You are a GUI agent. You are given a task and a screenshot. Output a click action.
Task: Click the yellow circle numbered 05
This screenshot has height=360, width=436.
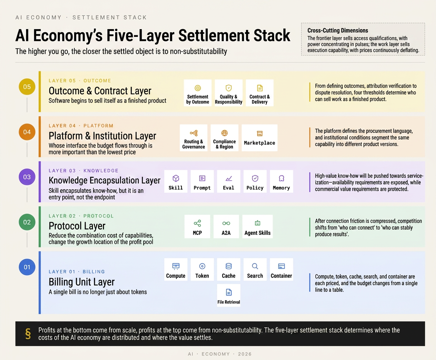point(27,87)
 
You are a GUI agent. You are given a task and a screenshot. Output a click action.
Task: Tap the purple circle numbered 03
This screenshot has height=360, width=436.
point(27,177)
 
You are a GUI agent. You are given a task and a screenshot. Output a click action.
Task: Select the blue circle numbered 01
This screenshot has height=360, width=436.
point(27,267)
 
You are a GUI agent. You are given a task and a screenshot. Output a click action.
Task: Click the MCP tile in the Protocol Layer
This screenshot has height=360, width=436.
point(197,226)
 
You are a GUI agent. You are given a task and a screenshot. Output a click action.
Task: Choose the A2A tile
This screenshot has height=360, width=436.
point(226,226)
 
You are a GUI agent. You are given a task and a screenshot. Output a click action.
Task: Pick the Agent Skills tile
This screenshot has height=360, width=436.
point(258,226)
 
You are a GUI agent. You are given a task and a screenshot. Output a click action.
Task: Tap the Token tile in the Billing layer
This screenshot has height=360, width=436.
point(202,269)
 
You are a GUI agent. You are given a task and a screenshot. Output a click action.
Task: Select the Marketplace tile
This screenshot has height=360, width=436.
point(259,138)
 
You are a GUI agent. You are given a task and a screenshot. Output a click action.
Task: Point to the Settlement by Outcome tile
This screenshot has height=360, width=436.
point(198,93)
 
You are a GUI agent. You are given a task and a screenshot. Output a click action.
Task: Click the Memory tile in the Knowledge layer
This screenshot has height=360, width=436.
point(281,181)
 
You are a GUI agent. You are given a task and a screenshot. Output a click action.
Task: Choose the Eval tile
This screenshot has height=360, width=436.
point(229,181)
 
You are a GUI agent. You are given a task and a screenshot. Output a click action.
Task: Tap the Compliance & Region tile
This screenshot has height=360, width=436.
point(225,138)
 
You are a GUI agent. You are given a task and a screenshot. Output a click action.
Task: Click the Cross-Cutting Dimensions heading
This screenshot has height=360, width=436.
point(338,31)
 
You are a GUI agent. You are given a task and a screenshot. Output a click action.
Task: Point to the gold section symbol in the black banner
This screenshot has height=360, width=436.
point(28,334)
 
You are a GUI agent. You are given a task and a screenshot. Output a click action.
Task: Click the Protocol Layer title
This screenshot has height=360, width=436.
point(77,226)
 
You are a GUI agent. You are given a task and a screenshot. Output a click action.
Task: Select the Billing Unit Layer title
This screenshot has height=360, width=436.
point(81,282)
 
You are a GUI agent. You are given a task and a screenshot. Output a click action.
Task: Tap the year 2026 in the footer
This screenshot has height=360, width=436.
point(245,354)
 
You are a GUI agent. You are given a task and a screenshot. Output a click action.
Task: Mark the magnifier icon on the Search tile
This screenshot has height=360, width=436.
point(255,266)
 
